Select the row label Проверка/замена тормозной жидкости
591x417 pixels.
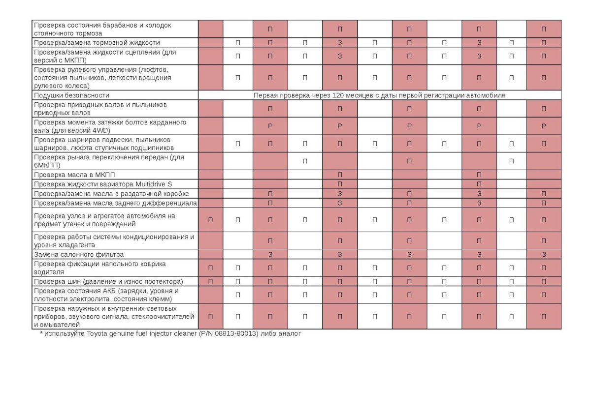tap(97, 43)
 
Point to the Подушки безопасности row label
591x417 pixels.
tap(71, 95)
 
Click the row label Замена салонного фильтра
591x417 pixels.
tap(79, 255)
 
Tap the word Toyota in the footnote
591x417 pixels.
tap(99, 333)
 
